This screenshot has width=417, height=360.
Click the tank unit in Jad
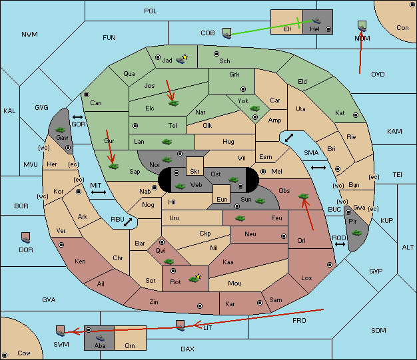tap(181, 61)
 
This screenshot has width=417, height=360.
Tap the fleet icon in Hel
tap(316, 21)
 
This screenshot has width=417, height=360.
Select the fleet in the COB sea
tap(227, 33)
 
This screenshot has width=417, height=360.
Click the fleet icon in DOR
tap(26, 238)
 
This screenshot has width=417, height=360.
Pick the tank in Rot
tap(193, 279)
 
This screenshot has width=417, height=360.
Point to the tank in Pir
tap(356, 233)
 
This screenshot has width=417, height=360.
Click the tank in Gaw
tap(61, 130)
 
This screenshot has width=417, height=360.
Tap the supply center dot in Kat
tap(356, 115)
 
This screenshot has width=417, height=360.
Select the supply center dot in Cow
tap(5, 355)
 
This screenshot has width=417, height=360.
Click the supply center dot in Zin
tap(200, 306)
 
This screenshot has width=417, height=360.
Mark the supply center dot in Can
tap(87, 94)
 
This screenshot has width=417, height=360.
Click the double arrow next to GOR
tap(78, 117)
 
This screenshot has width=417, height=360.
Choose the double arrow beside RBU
tap(128, 222)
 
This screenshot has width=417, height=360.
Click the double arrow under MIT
tap(99, 192)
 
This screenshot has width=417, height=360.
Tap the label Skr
tap(195, 172)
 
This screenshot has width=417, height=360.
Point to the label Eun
tap(222, 199)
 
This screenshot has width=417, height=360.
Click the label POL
tap(151, 11)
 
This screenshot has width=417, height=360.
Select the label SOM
tap(378, 330)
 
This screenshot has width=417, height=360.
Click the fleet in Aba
tap(101, 338)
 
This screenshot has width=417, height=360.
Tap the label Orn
tap(130, 345)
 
